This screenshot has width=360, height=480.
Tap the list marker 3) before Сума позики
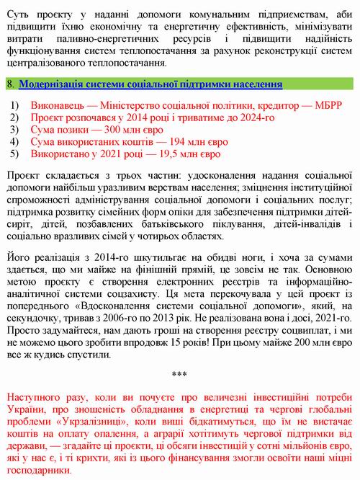(15, 130)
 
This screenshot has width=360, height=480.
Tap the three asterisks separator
(180, 374)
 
